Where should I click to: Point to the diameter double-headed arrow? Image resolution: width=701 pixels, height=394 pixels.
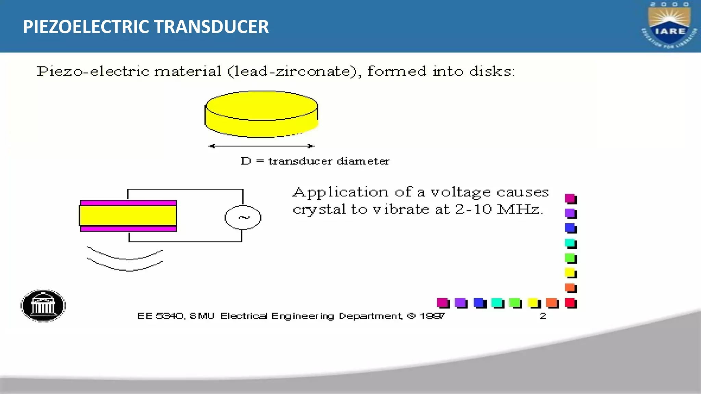click(261, 146)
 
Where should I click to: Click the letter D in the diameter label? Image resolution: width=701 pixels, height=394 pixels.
click(246, 161)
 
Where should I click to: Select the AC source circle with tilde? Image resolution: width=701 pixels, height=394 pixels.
click(243, 218)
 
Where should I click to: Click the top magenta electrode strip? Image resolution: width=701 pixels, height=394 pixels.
click(128, 203)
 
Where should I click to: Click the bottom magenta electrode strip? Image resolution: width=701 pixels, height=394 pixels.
click(128, 228)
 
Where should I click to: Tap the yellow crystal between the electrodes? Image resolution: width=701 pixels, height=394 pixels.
click(128, 215)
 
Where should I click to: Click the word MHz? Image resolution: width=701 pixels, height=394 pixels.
click(519, 209)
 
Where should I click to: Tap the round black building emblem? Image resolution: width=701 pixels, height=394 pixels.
click(43, 306)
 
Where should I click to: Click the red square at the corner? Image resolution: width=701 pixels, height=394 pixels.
click(570, 303)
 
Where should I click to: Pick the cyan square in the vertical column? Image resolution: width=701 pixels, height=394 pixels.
click(570, 243)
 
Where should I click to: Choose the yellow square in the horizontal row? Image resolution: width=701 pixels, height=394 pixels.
click(534, 303)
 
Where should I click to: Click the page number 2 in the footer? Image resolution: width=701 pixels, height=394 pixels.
click(543, 316)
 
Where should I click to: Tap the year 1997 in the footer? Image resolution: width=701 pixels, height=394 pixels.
click(432, 316)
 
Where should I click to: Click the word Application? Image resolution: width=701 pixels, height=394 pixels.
click(341, 193)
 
